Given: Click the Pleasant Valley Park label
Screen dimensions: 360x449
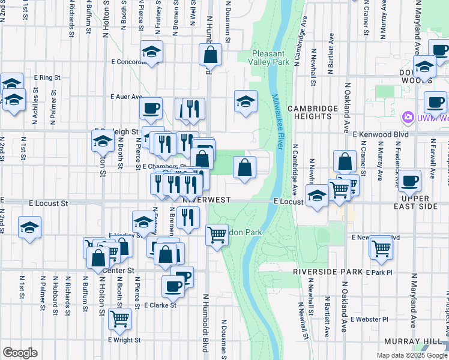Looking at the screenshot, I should pyautogui.click(x=271, y=57).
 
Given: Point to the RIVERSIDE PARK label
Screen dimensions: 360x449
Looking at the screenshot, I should pyautogui.click(x=328, y=272).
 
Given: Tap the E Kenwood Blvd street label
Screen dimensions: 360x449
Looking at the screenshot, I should pyautogui.click(x=381, y=134).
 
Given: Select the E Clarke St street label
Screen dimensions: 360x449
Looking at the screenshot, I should pyautogui.click(x=160, y=305).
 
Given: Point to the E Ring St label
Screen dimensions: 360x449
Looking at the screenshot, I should pyautogui.click(x=48, y=77).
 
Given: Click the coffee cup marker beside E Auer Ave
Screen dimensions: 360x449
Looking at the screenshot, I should pyautogui.click(x=151, y=108).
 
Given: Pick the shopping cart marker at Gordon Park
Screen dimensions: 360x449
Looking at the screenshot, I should pyautogui.click(x=217, y=235).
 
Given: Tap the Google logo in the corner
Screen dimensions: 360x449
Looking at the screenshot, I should pyautogui.click(x=20, y=353).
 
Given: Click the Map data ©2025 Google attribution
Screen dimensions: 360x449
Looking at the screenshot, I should pyautogui.click(x=411, y=355).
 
